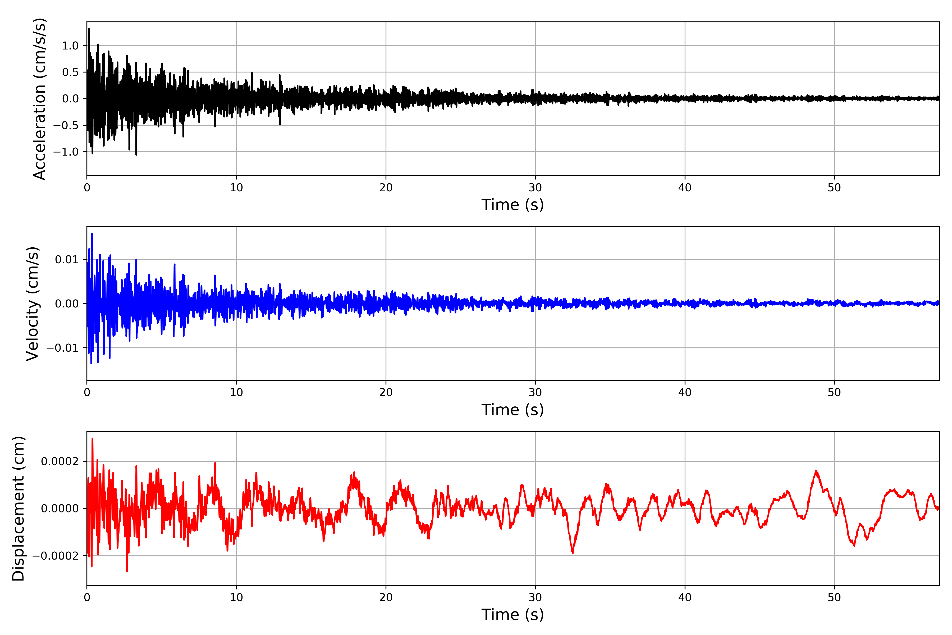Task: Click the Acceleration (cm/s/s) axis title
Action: tap(40, 99)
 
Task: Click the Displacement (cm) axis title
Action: tap(19, 509)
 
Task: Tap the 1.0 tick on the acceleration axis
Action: tap(70, 46)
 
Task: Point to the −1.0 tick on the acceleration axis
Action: tap(66, 152)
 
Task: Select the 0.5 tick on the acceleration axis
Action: tap(70, 72)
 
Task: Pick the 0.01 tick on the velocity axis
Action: tap(67, 260)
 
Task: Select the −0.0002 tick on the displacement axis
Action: tap(56, 556)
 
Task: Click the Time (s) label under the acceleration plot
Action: tap(512, 205)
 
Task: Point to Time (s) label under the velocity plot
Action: tap(512, 410)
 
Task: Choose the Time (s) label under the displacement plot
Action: tap(512, 615)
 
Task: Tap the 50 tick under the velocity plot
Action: tap(834, 392)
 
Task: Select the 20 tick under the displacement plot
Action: tap(386, 597)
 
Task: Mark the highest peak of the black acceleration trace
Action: tap(89, 28)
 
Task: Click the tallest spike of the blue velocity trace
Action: tap(92, 234)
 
